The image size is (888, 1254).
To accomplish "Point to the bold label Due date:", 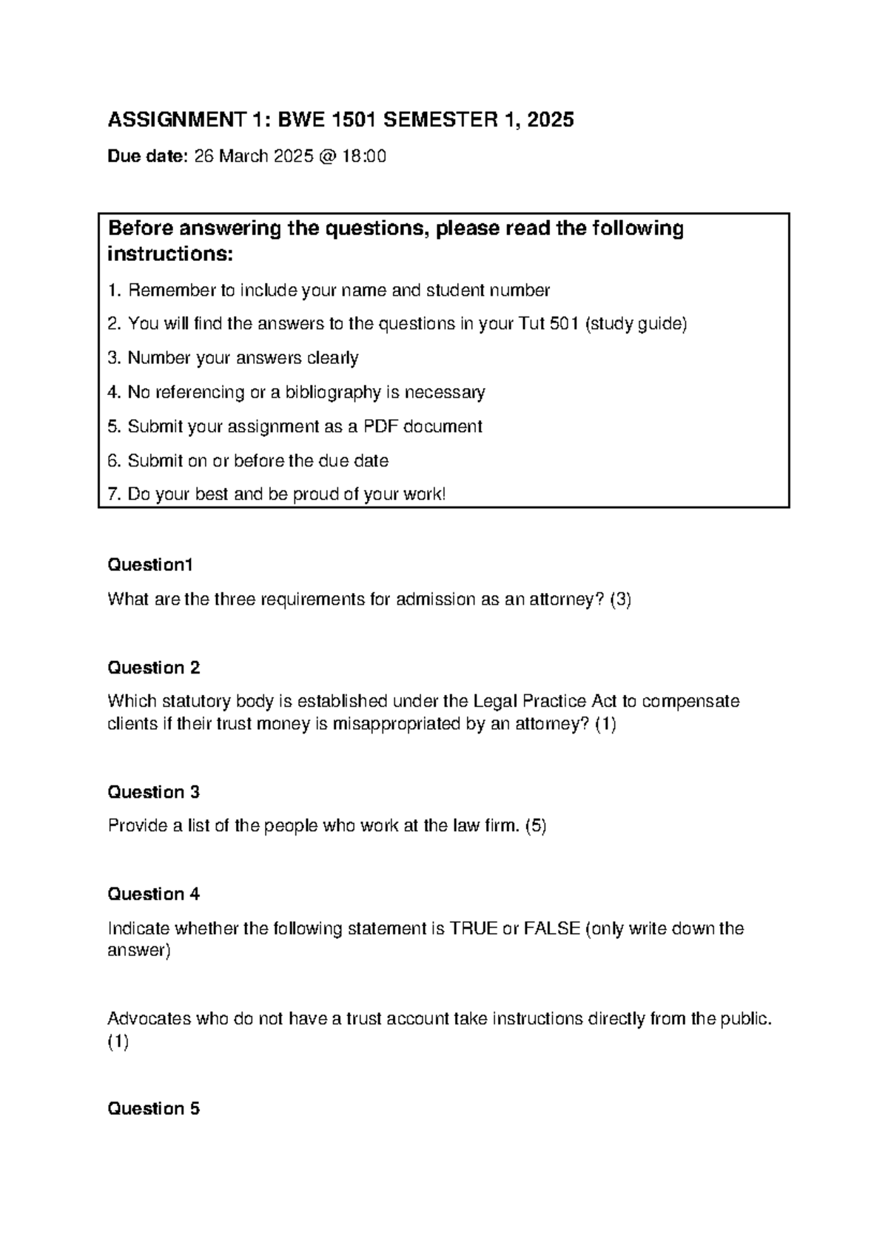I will tap(148, 157).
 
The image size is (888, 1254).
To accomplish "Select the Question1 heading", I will tap(150, 566).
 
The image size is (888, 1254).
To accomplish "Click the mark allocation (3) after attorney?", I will tap(620, 600).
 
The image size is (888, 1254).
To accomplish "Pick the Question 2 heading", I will tap(153, 668).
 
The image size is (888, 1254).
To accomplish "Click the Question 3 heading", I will tap(153, 793).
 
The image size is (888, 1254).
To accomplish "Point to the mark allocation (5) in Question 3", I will tap(536, 827).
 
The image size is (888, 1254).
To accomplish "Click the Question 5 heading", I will tap(153, 1109).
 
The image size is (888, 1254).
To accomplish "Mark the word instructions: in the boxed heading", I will tap(170, 255).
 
